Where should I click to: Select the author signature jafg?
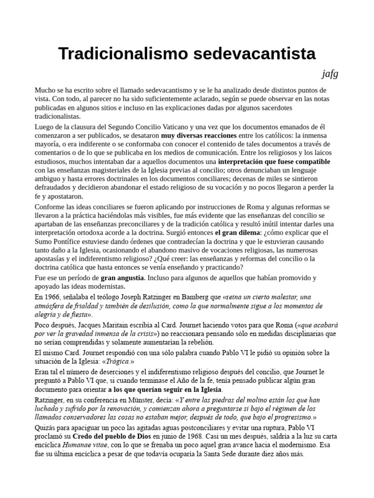330,74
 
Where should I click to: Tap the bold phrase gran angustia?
122,278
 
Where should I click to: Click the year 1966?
54,296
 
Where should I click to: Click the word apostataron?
62,196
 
